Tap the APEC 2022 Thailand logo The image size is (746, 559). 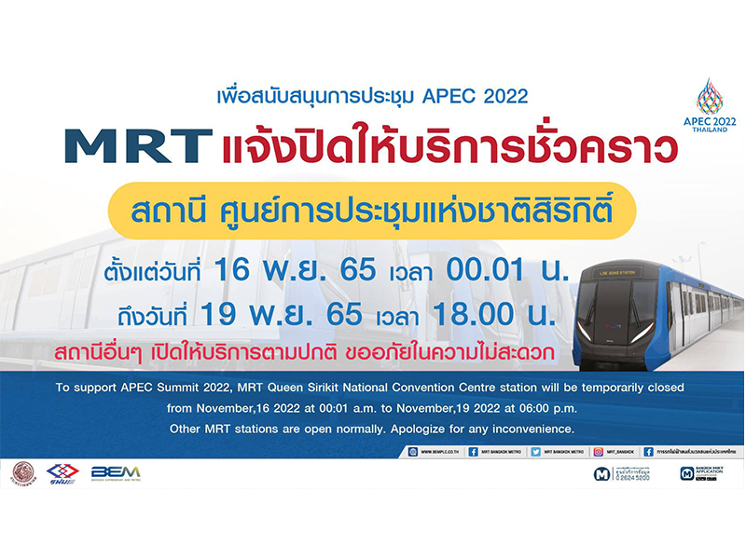point(709,106)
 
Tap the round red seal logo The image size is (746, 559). point(24,472)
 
